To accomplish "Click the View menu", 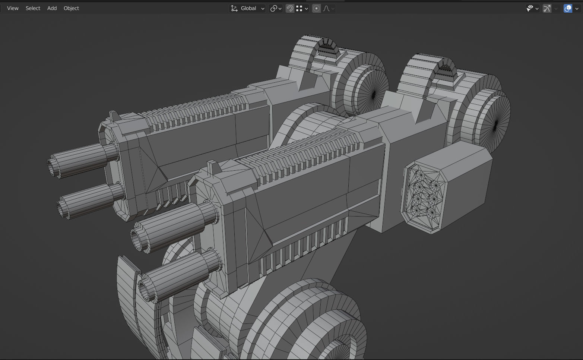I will click(x=13, y=8).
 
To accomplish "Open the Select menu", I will click(x=33, y=8).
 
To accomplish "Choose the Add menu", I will click(x=52, y=8).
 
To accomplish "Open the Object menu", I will click(x=71, y=8).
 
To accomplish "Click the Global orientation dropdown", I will click(x=248, y=8).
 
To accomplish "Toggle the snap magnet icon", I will click(x=289, y=8).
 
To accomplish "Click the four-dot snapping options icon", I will click(x=299, y=8).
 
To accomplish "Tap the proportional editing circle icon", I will click(x=316, y=8).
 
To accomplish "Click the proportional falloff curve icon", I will click(x=326, y=8).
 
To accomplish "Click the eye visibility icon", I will click(x=530, y=8).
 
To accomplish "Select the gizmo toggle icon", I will click(x=547, y=8).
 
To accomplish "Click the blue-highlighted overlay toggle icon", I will click(x=568, y=8).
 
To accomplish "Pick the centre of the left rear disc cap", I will click(x=373, y=95).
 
